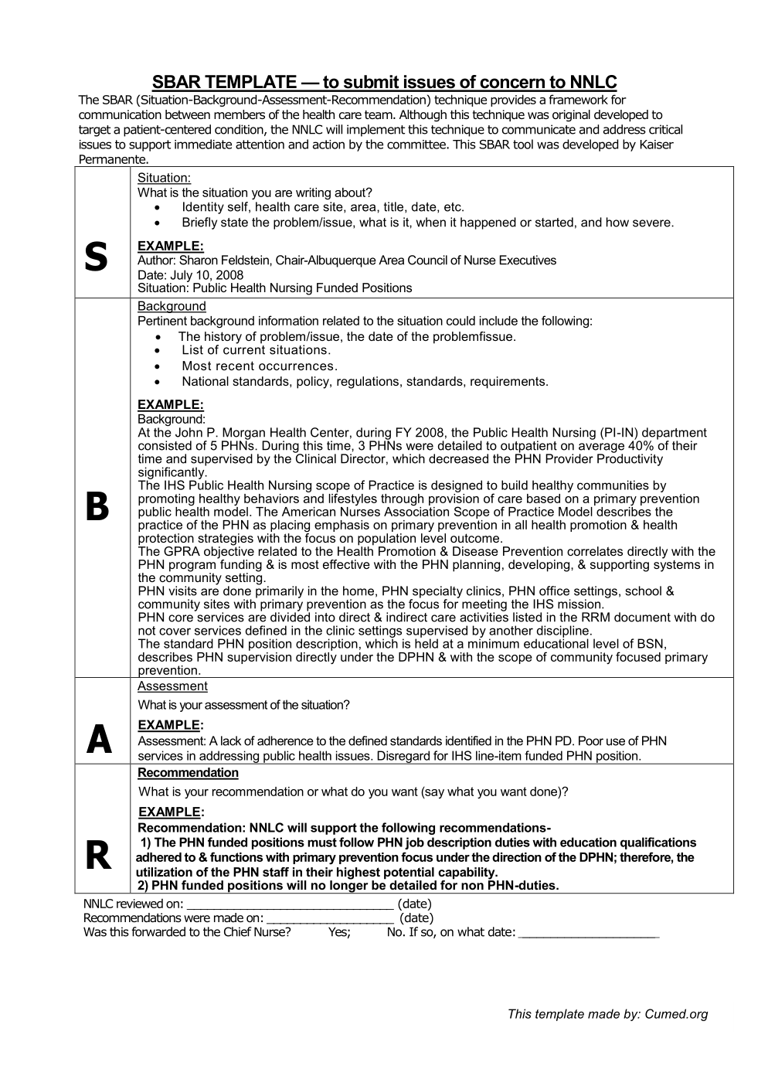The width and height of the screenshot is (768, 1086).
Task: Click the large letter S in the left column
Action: (x=96, y=257)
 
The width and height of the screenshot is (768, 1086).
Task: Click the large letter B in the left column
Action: (x=97, y=507)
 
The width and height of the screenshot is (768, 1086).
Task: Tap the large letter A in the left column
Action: (x=99, y=740)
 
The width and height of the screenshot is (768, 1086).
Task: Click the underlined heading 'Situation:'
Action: (x=164, y=178)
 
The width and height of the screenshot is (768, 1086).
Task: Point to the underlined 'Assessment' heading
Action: (x=172, y=686)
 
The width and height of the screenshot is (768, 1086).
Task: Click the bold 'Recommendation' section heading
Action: (x=188, y=773)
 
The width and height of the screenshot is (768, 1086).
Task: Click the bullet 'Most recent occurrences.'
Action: (x=260, y=366)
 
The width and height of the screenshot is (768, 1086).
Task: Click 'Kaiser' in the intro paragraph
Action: (x=654, y=145)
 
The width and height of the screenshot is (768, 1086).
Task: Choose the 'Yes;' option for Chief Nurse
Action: (x=339, y=932)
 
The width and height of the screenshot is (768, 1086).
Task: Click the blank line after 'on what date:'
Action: (x=589, y=933)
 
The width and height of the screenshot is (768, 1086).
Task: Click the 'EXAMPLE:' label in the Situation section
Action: (x=170, y=246)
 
